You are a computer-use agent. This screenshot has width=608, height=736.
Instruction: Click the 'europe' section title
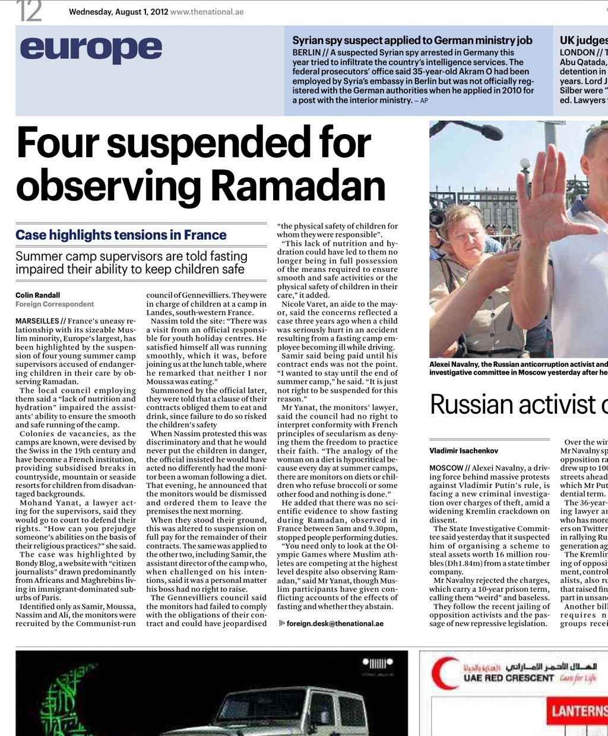[x=91, y=49]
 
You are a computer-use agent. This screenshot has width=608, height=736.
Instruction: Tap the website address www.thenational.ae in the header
[x=207, y=11]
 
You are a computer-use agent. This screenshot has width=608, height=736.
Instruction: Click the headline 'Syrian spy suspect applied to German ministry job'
[x=412, y=40]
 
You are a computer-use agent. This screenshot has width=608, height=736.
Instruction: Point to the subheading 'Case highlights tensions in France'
[x=121, y=235]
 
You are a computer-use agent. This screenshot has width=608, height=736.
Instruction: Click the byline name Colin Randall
[x=38, y=295]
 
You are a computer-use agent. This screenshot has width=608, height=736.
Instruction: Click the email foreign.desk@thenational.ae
[x=335, y=624]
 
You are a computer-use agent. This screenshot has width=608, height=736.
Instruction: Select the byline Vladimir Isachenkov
[x=464, y=451]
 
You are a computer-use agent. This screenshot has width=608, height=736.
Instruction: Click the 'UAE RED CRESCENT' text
[x=508, y=678]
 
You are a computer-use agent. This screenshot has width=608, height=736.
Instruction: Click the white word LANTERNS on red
[x=578, y=711]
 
